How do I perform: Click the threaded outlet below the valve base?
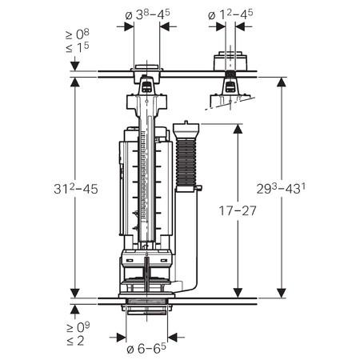click(146, 308)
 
